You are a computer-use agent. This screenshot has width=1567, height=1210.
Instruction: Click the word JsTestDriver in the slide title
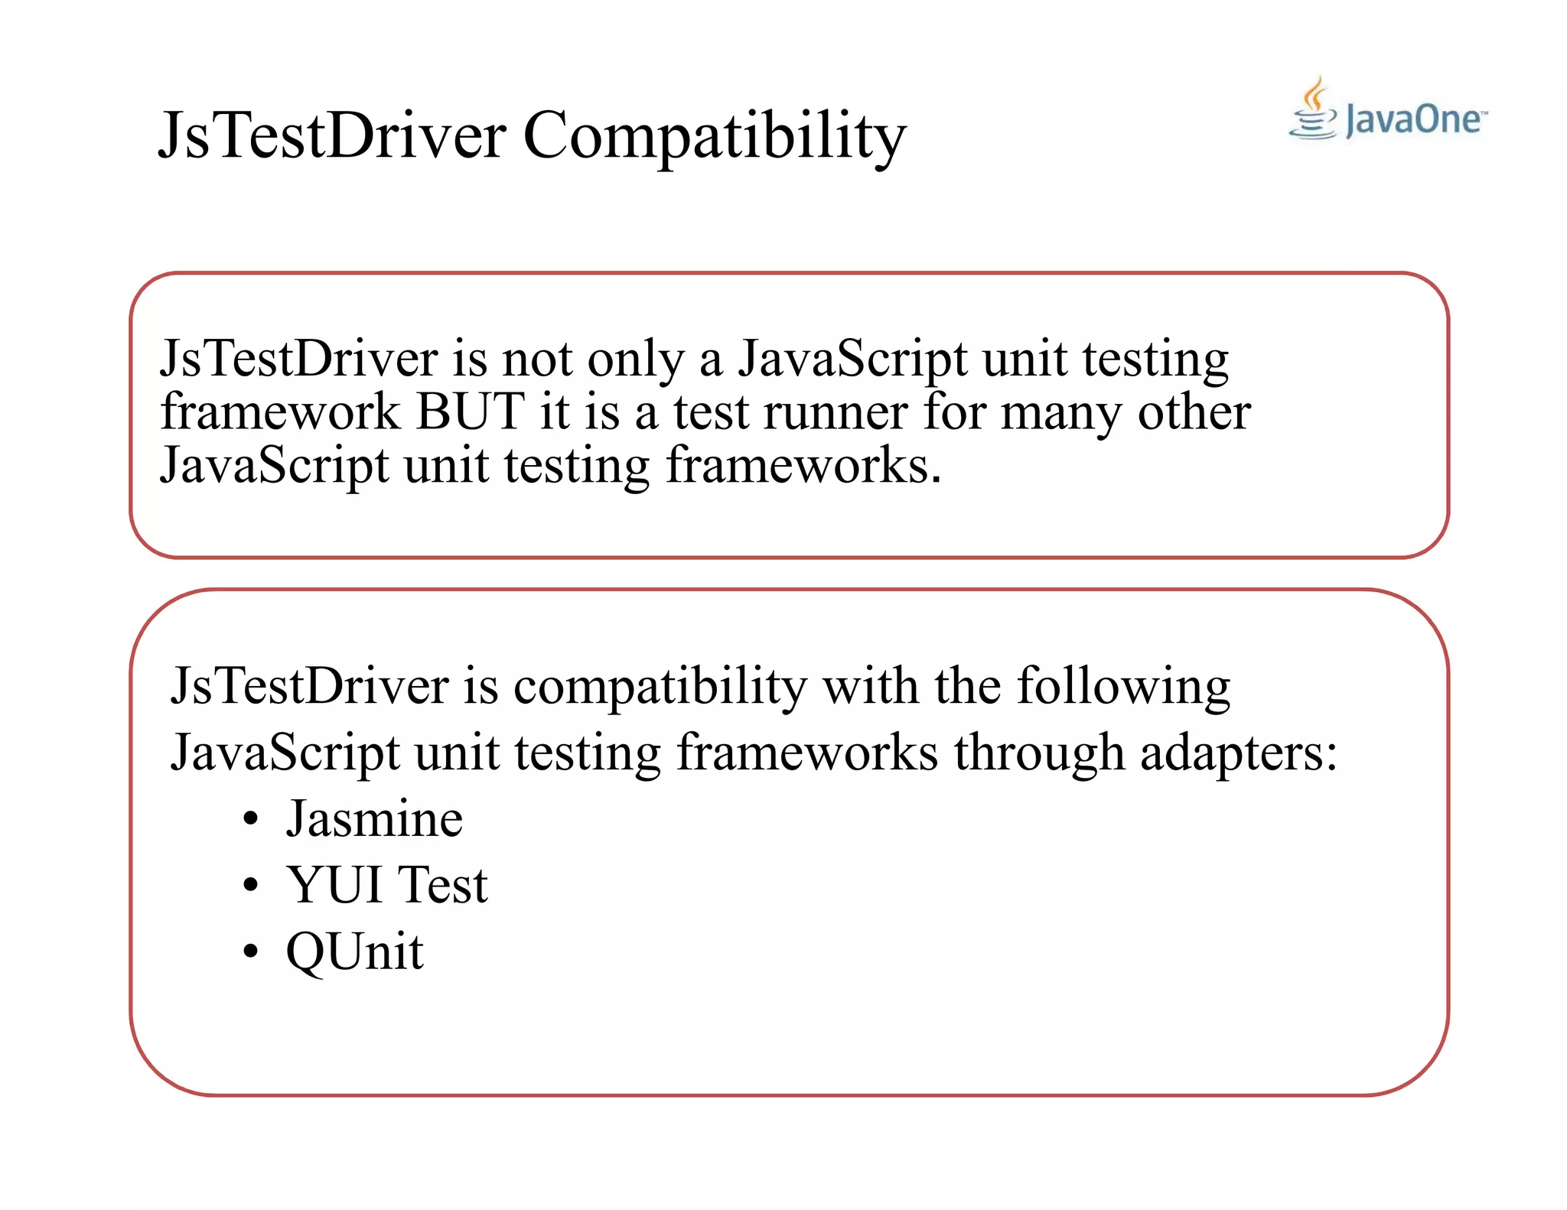(x=331, y=136)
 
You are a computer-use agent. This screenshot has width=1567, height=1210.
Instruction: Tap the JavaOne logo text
(x=1412, y=120)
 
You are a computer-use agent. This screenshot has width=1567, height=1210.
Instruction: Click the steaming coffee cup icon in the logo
(x=1313, y=111)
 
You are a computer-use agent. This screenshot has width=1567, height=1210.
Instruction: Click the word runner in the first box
(x=835, y=413)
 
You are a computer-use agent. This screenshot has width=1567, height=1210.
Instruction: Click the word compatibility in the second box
(x=660, y=686)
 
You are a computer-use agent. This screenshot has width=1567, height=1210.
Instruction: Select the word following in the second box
(x=1122, y=686)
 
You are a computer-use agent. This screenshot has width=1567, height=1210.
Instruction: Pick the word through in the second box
(x=1038, y=753)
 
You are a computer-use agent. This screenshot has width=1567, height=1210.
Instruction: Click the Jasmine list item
(x=374, y=819)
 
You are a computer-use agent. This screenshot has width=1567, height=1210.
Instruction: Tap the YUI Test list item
(x=386, y=885)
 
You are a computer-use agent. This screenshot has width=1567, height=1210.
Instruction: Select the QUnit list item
(x=354, y=951)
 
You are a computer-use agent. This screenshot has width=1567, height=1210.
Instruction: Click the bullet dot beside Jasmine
(x=250, y=820)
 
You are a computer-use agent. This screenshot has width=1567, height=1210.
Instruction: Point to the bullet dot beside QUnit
(x=250, y=953)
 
